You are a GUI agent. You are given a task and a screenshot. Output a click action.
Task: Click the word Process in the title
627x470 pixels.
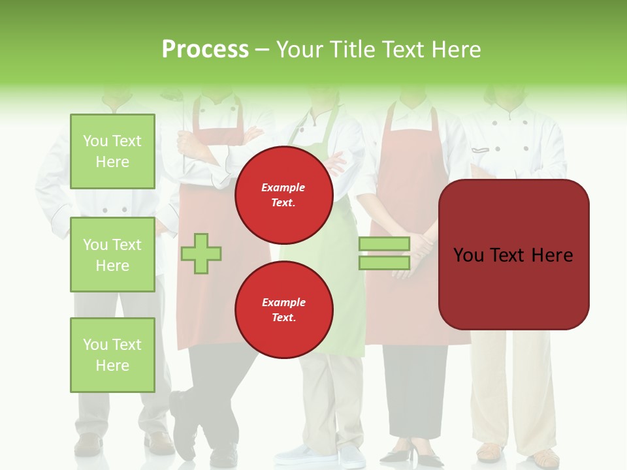[x=205, y=50]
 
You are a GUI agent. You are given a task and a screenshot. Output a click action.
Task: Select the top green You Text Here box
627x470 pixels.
[x=112, y=151]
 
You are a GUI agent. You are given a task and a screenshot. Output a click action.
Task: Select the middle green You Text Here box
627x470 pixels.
[x=112, y=255]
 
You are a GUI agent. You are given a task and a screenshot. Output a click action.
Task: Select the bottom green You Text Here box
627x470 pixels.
[x=112, y=355]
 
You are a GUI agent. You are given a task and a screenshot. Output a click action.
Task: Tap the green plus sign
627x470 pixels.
[x=201, y=253]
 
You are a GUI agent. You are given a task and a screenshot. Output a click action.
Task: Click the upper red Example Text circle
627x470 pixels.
[x=284, y=195]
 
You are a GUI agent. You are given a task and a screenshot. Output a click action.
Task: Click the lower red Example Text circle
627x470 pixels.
[x=284, y=310]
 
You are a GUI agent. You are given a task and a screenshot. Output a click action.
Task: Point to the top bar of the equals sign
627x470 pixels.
[x=384, y=243]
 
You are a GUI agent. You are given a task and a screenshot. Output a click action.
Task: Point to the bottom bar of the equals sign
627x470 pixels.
[x=384, y=262]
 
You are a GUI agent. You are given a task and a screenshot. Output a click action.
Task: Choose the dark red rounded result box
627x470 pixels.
[x=513, y=255]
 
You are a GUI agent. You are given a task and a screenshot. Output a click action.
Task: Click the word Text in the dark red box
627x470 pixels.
[x=513, y=255]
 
